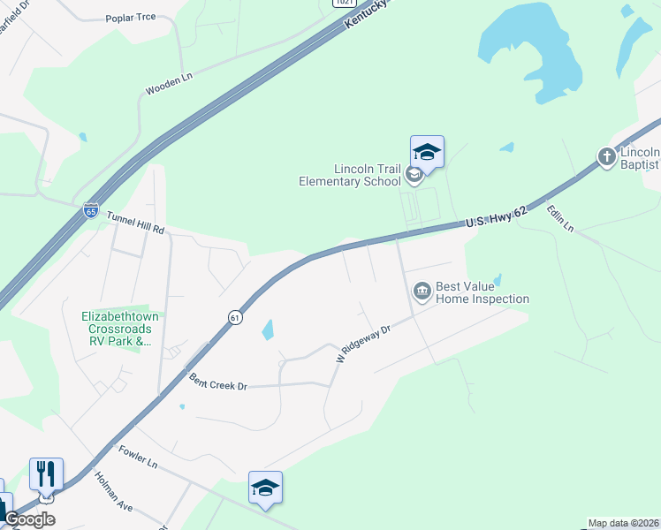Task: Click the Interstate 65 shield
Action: [x=91, y=210]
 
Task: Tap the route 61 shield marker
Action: [x=234, y=317]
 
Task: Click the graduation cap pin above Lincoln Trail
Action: [x=427, y=153]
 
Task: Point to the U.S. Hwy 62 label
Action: [x=496, y=217]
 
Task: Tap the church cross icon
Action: [x=606, y=157]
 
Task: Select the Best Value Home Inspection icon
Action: [x=422, y=290]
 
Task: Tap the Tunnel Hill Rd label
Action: [x=135, y=222]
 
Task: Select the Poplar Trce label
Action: [x=131, y=18]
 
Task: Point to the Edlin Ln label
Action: [x=560, y=218]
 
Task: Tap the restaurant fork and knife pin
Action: [x=46, y=475]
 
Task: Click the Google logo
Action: [x=28, y=519]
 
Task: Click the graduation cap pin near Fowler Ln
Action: [x=265, y=488]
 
